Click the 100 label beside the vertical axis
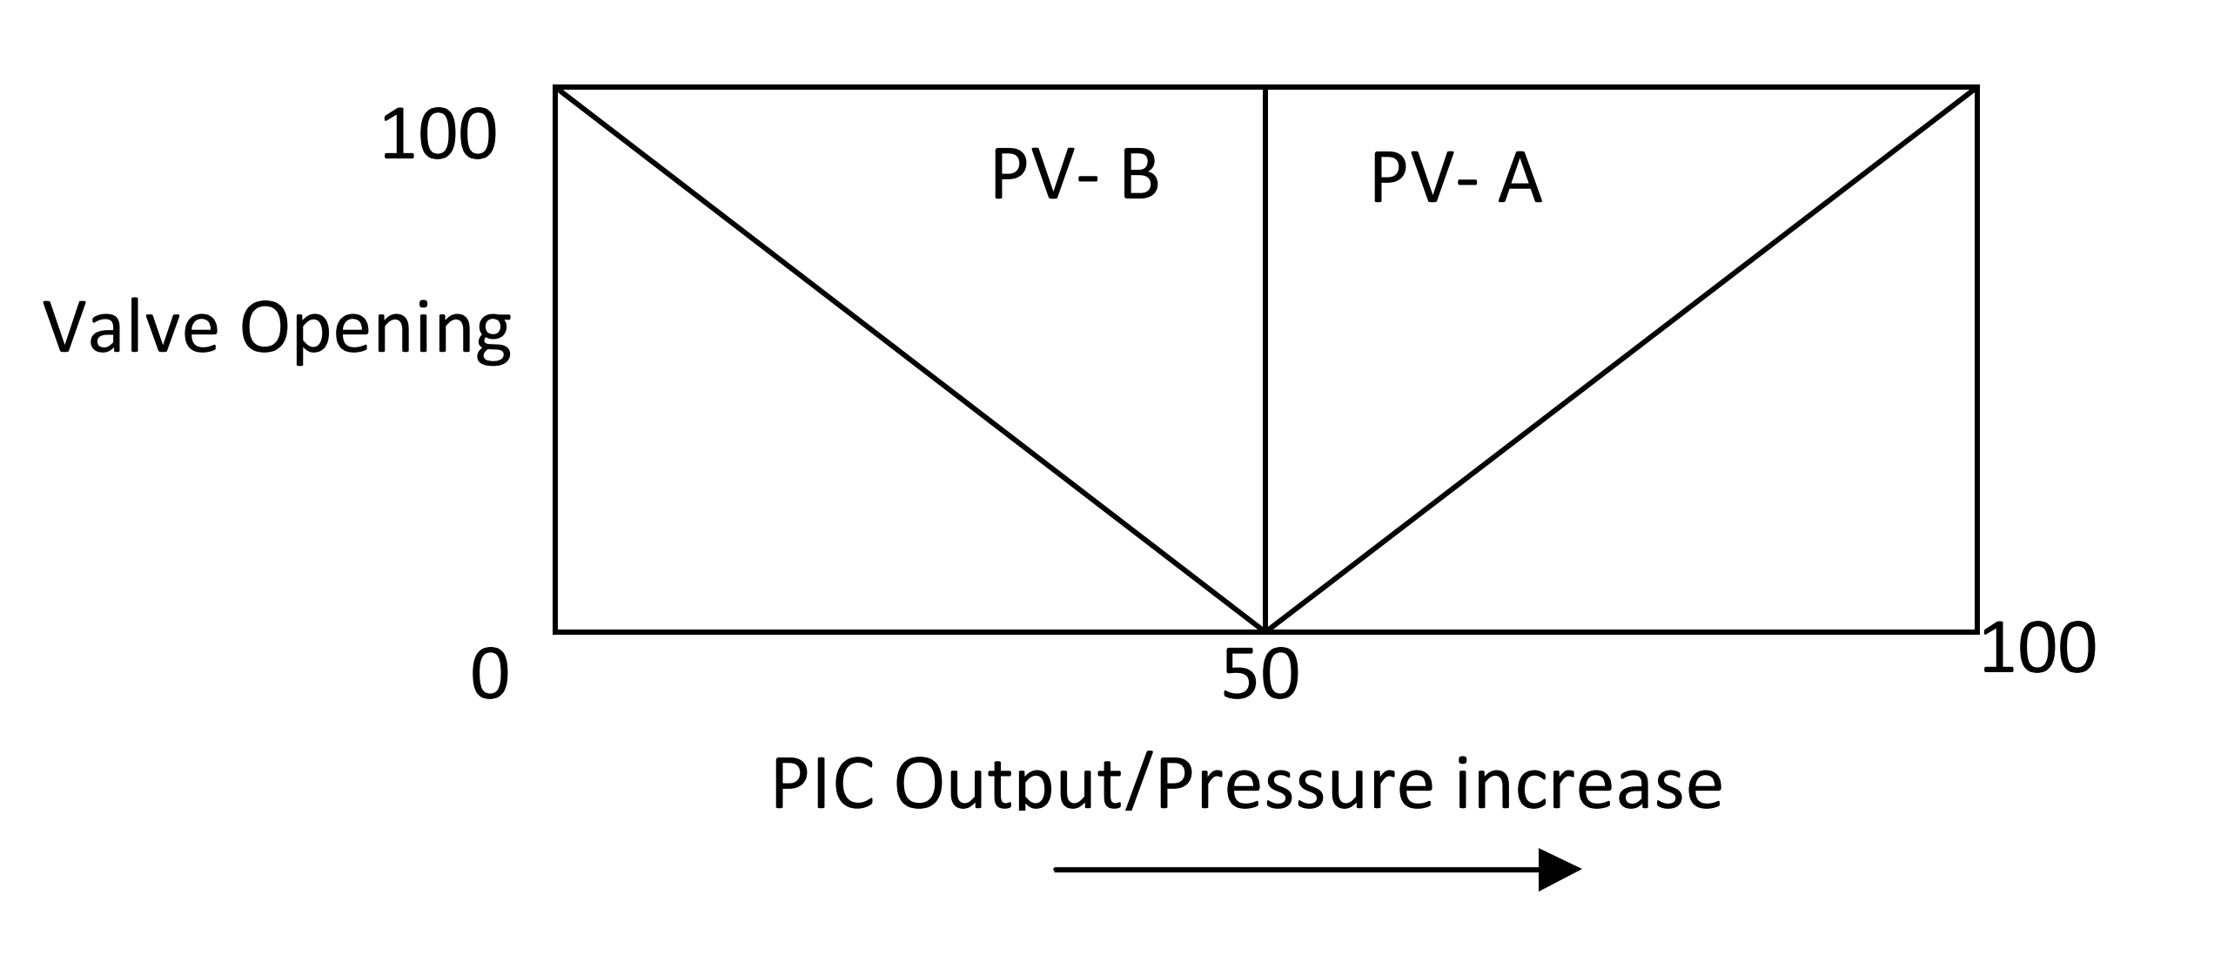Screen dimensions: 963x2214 coord(439,136)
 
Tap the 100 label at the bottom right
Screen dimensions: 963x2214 coord(2038,649)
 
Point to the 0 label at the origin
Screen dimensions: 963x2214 coord(489,677)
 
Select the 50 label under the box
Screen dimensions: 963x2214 coord(1260,677)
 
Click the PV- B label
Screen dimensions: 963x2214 coord(1075,175)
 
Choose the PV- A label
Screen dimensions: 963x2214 coord(1456,178)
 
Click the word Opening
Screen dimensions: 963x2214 coord(375,332)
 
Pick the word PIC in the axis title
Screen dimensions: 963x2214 coord(822,785)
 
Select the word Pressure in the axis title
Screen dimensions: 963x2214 coord(1295,785)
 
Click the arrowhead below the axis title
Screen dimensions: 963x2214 coord(1558,870)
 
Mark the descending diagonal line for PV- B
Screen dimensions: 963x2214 coord(909,359)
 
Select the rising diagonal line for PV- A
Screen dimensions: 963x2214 coord(1620,359)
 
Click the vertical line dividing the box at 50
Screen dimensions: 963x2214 coord(1265,348)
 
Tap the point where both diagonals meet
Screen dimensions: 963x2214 coord(1265,630)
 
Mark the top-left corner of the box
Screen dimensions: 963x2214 coord(556,88)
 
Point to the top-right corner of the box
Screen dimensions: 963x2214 coord(1976,88)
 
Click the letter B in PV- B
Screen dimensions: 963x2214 coord(1139,175)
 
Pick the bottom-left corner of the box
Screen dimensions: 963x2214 coord(556,630)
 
